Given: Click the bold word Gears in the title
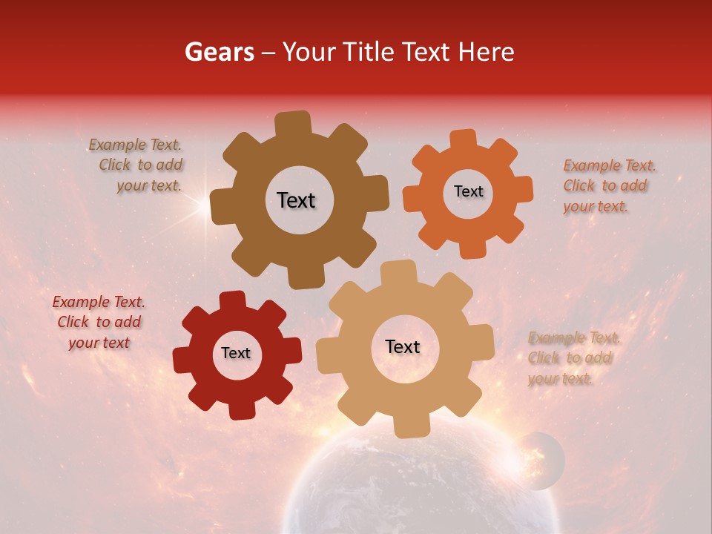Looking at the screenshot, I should pyautogui.click(x=218, y=52).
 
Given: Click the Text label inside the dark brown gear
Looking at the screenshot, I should pyautogui.click(x=296, y=200).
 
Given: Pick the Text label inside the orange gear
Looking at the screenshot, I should pyautogui.click(x=468, y=191).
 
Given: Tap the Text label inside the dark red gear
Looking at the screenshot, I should pyautogui.click(x=236, y=354).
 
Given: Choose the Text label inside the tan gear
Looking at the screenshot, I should pyautogui.click(x=403, y=346).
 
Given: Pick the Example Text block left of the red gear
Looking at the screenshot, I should pyautogui.click(x=98, y=322).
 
